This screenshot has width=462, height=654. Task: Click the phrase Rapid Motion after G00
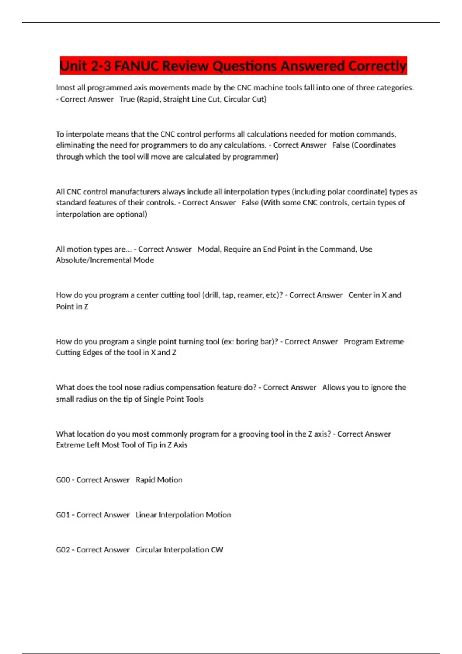(159, 480)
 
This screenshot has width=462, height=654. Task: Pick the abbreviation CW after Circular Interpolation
(217, 550)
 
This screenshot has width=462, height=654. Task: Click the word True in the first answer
(127, 99)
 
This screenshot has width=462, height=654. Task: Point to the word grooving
(253, 434)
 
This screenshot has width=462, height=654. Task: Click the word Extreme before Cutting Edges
(389, 342)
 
